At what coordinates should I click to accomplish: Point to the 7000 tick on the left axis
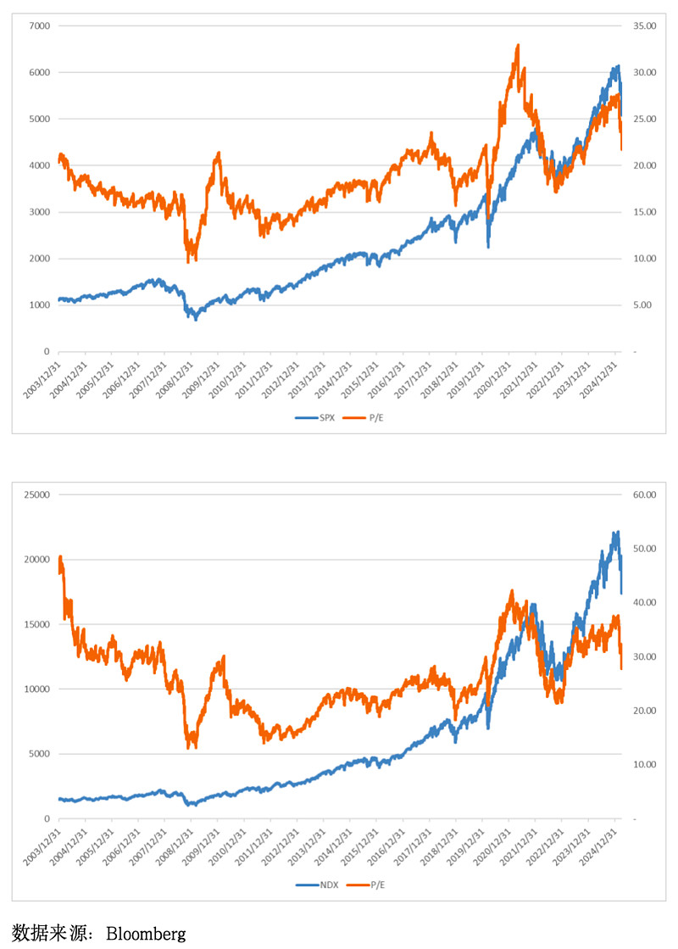(x=40, y=25)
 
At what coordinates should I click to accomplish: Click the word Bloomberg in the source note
(x=146, y=934)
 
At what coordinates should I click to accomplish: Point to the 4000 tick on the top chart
(x=40, y=165)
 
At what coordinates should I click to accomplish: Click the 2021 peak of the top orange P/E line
(x=517, y=46)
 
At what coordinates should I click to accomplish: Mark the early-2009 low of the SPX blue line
(x=196, y=319)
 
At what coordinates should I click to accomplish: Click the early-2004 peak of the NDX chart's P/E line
(x=60, y=557)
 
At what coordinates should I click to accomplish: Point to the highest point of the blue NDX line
(x=617, y=533)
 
